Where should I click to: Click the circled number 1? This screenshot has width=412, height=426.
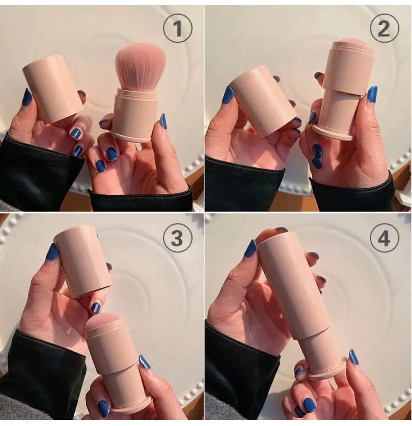[177, 28]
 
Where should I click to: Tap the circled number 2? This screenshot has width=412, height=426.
[384, 28]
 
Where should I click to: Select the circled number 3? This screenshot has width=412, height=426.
[177, 238]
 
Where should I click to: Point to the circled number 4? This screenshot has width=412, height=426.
[384, 238]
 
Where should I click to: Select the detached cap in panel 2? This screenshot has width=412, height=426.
[264, 101]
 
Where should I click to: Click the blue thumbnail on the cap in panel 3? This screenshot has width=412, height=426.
[54, 252]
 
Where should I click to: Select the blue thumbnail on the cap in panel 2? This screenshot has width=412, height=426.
[227, 96]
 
